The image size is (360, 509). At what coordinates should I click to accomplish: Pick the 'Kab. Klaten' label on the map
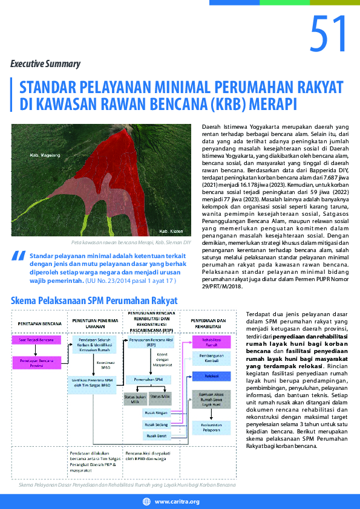click(x=171, y=232)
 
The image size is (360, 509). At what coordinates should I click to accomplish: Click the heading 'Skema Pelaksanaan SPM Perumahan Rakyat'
click(x=94, y=300)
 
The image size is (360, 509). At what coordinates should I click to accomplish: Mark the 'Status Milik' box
click(x=160, y=396)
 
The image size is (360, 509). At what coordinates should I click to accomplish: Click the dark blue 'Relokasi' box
click(x=212, y=376)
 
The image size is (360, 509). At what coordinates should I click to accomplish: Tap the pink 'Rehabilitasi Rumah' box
click(x=212, y=343)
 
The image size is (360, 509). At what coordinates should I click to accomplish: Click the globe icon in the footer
click(x=146, y=502)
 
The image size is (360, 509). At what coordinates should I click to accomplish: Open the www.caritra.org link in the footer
click(x=177, y=502)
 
